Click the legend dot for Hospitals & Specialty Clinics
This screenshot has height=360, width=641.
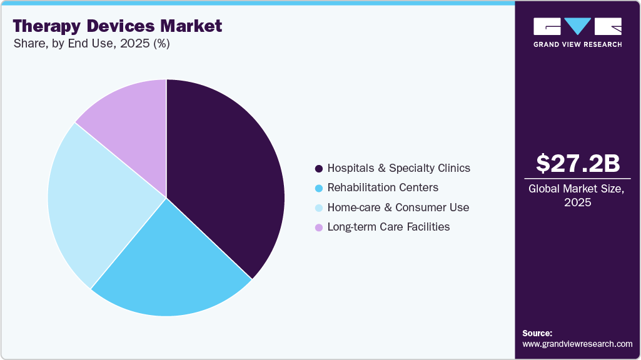319,169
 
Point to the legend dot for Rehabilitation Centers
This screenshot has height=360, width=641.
319,188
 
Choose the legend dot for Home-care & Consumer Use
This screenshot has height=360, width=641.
319,207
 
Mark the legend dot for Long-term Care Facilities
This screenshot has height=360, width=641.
319,227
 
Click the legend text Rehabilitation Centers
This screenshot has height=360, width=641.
383,187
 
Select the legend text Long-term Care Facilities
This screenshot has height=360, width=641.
388,227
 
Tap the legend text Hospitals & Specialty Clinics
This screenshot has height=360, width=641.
398,168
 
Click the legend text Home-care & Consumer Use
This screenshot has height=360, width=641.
398,207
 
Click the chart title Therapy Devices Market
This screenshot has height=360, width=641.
117,26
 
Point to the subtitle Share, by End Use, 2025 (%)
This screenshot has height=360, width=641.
91,44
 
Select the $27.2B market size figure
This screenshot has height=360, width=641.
578,163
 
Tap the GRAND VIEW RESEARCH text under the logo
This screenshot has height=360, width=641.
577,44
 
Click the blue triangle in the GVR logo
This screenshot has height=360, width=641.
578,26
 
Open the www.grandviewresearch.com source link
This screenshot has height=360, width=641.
577,344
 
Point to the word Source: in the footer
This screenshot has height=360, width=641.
537,333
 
